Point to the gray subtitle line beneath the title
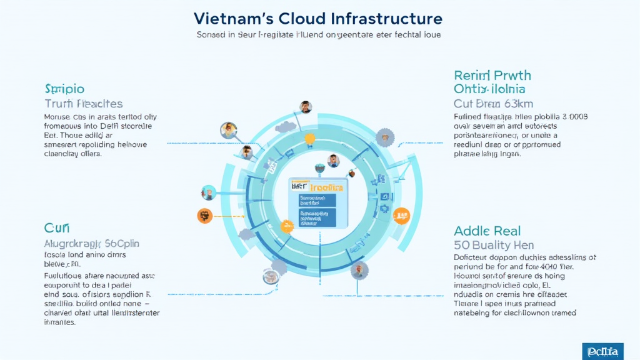click(x=319, y=35)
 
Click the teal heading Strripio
click(x=64, y=89)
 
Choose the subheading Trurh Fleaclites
click(x=84, y=104)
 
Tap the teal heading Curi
click(x=57, y=228)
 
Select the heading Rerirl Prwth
click(x=492, y=76)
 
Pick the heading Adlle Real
click(x=487, y=231)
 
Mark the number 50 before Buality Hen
click(x=461, y=246)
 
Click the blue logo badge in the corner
click(x=602, y=351)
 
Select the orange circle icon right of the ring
click(x=401, y=216)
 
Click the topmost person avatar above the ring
click(x=306, y=107)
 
